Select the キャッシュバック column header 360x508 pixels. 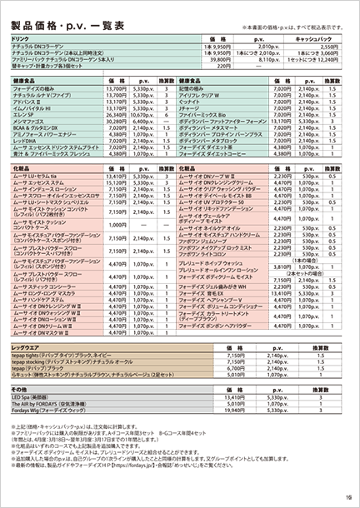pos(313,38)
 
